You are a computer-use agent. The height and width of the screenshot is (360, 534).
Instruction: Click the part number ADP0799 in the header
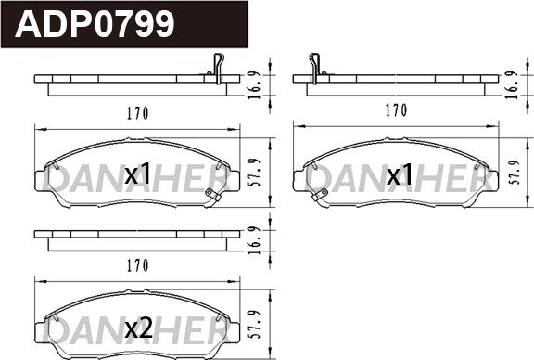95,24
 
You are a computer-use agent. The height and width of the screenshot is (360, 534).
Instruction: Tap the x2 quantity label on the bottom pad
139,328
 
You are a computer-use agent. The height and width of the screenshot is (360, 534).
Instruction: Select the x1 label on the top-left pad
137,174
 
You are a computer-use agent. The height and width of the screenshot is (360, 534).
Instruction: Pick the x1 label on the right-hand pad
400,174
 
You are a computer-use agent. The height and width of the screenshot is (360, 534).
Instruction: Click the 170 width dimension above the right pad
397,110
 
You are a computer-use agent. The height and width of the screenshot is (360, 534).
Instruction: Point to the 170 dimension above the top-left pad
138,113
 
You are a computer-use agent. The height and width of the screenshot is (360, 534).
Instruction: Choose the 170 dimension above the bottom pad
138,265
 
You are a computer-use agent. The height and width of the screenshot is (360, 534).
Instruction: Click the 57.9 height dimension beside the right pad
516,173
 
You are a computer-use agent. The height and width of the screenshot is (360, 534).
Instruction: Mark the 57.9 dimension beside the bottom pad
256,325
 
